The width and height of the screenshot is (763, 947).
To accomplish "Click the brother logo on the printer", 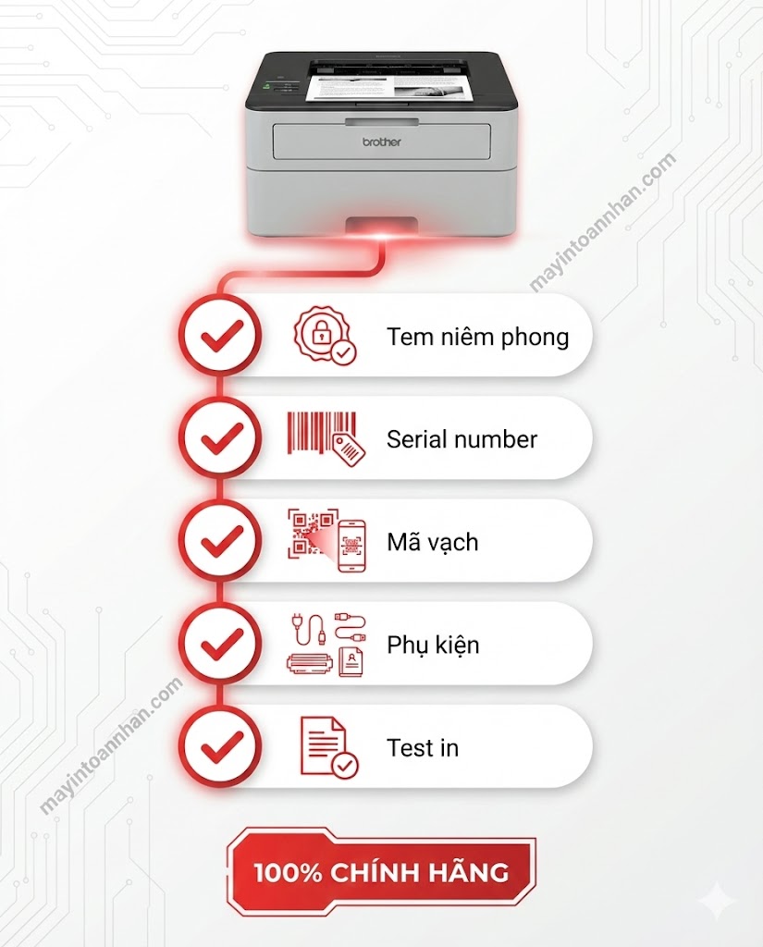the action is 381,141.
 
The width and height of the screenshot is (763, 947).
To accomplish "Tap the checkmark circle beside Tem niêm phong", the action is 222,335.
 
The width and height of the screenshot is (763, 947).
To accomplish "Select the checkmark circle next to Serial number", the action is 222,437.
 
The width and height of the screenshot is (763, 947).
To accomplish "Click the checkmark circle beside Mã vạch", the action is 222,540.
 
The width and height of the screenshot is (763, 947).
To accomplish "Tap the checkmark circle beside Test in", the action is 222,746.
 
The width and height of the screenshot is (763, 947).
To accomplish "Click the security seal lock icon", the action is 325,335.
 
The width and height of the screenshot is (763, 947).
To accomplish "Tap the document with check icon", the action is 329,746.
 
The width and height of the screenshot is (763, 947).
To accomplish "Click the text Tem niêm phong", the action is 478,337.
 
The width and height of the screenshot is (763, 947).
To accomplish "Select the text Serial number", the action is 461,439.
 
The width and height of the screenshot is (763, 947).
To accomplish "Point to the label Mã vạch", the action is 433,542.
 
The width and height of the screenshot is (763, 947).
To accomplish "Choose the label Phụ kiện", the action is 433,645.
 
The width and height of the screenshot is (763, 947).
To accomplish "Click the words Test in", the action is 423,747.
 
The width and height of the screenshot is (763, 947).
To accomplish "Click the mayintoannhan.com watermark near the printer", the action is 602,223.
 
